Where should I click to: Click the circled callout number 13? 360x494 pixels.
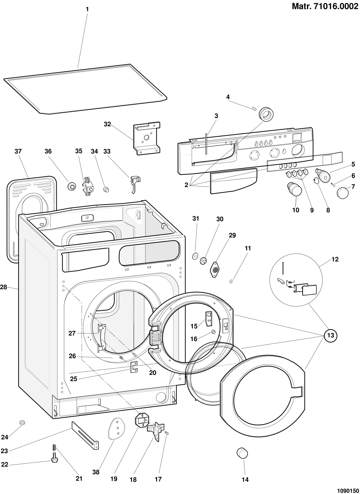point(331,335)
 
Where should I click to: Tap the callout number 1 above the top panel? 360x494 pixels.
point(87,9)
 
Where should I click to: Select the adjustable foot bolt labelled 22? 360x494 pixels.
point(54,459)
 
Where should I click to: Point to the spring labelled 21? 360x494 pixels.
point(54,447)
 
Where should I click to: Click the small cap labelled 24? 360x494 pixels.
point(23,423)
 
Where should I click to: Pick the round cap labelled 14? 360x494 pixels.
point(242,453)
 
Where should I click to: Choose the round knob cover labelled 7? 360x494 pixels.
point(343,192)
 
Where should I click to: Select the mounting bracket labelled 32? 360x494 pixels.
point(147,138)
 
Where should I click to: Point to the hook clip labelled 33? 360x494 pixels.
point(135,183)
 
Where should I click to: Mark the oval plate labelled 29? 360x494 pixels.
point(215,269)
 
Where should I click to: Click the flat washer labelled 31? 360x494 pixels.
point(195,256)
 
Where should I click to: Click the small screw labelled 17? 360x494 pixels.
point(167,433)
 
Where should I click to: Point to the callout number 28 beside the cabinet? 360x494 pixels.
point(4,287)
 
